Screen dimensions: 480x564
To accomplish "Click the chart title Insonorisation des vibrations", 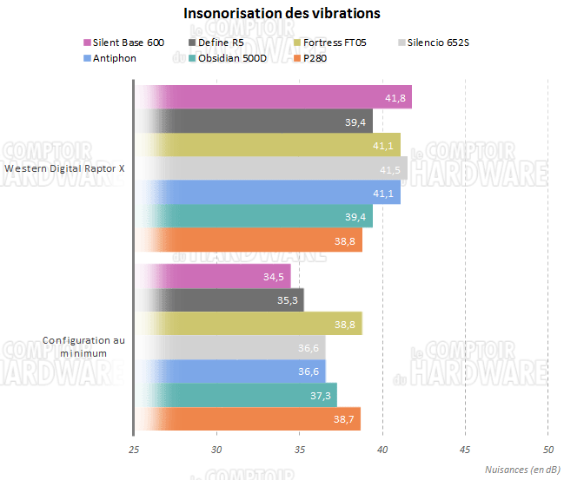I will [282, 14].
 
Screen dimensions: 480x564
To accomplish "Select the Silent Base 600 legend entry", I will [129, 42].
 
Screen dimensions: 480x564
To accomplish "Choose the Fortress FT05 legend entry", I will [335, 42].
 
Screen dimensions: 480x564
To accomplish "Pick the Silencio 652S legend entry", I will [439, 42].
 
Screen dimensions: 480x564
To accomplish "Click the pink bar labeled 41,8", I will [273, 97].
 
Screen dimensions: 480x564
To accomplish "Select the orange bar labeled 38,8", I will [249, 240].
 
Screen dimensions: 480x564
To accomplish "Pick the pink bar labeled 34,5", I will [213, 276].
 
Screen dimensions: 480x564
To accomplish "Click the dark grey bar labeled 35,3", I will [219, 300].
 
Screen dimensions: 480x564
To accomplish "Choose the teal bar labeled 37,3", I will [236, 395].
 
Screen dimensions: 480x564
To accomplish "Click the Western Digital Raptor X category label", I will [64, 168].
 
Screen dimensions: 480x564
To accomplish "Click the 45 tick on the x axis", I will [465, 449].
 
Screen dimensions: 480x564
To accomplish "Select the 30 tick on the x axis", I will [216, 449].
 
